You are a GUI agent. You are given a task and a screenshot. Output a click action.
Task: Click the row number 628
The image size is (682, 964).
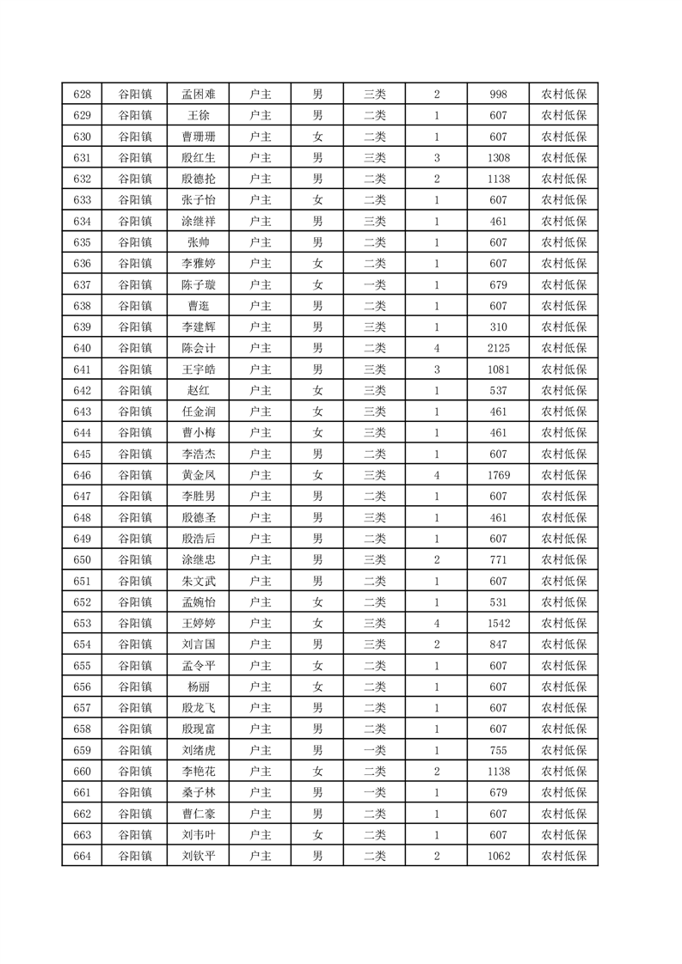coord(83,95)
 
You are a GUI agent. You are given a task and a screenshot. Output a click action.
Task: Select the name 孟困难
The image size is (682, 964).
coord(199,95)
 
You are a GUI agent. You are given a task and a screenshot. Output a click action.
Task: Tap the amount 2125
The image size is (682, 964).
coord(498,348)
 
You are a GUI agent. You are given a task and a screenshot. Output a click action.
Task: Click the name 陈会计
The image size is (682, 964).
coord(199,348)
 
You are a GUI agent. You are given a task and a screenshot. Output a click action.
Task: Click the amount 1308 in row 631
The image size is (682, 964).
coord(498,158)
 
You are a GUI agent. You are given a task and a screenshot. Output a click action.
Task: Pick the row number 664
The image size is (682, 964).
coord(83,856)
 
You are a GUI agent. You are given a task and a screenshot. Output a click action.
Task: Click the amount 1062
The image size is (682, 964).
coord(498,856)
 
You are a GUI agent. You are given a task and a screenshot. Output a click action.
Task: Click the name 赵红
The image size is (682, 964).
coord(199,390)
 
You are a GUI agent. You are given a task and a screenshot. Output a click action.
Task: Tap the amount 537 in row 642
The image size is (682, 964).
coord(498,390)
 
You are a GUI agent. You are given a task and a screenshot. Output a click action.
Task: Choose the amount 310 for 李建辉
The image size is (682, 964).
coord(498,327)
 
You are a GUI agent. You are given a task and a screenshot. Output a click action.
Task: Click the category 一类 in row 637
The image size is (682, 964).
coord(375,284)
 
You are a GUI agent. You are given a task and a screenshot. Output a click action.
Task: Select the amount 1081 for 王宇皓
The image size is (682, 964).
coord(498,369)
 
